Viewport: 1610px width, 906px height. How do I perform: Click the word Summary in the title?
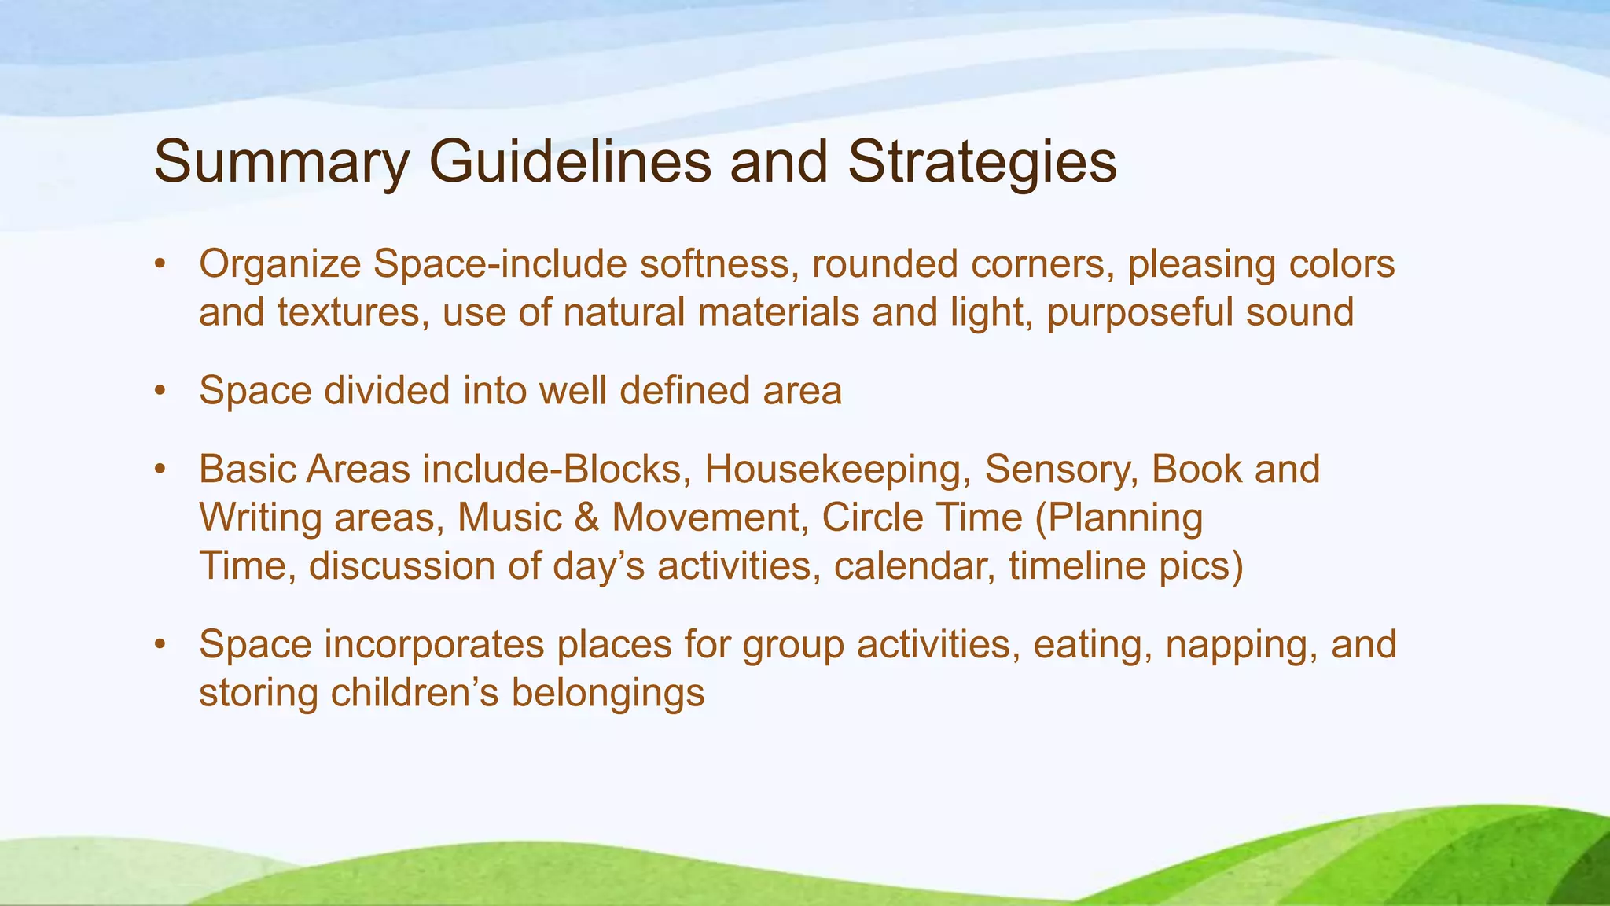click(x=281, y=164)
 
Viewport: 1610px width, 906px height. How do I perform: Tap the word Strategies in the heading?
click(x=982, y=164)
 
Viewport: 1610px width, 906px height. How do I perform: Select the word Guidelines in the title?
click(x=569, y=162)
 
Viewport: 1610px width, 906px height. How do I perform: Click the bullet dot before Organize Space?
click(x=160, y=264)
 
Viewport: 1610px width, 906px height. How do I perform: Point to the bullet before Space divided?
click(x=160, y=391)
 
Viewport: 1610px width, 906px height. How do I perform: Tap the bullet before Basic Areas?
click(x=160, y=470)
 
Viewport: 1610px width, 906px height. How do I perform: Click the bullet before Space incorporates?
click(x=160, y=645)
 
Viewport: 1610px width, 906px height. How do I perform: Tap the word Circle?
click(x=873, y=518)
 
